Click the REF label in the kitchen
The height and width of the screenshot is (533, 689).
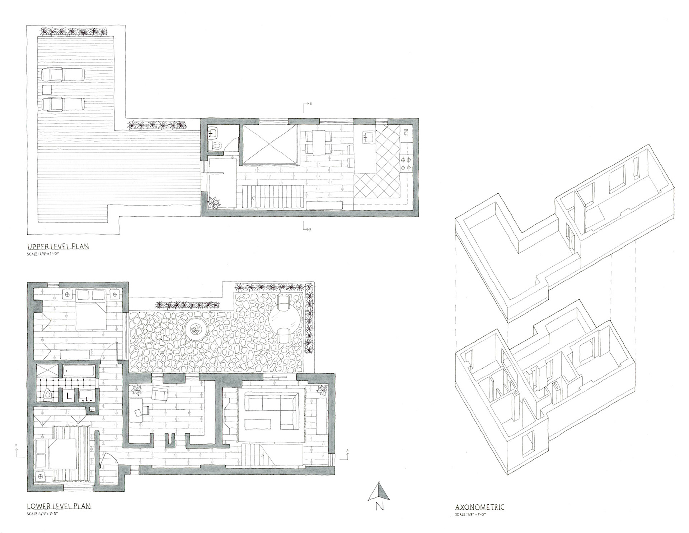coord(406,132)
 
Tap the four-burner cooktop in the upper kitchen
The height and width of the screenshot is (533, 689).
coord(406,164)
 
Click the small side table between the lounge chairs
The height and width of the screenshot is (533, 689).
coord(46,89)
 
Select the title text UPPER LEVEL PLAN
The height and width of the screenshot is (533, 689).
coord(58,247)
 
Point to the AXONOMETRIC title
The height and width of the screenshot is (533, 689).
coord(479,507)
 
